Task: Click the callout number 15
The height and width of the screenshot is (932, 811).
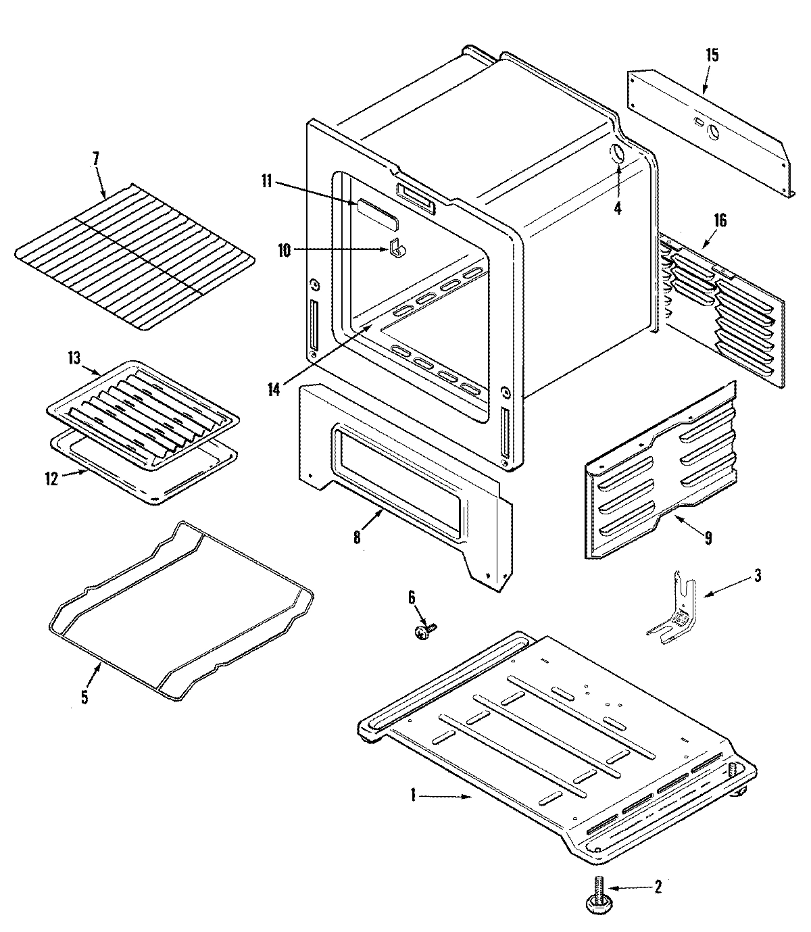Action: [712, 55]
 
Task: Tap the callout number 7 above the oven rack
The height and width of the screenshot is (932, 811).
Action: [95, 160]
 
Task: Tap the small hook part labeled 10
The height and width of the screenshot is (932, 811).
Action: [397, 249]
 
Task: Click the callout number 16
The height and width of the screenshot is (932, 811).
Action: [720, 220]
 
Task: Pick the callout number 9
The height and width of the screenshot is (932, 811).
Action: [708, 538]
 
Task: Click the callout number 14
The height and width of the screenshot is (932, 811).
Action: [273, 390]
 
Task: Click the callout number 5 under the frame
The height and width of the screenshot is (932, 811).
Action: [84, 697]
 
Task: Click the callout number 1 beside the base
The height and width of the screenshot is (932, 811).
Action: [412, 795]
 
